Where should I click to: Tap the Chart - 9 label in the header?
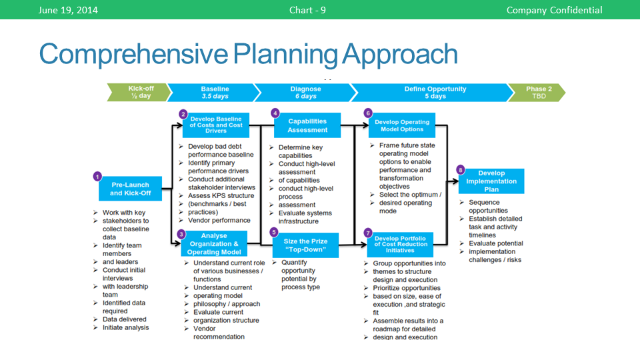(x=307, y=10)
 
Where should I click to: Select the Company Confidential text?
(x=554, y=10)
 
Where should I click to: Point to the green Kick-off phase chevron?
(x=139, y=93)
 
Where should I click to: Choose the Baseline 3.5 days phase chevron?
(x=215, y=93)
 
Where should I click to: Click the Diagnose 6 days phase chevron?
(x=305, y=93)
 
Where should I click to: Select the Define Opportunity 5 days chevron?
(x=435, y=93)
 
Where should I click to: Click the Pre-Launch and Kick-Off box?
(x=130, y=189)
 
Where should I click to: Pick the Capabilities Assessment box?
(x=307, y=125)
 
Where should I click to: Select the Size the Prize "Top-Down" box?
(x=305, y=245)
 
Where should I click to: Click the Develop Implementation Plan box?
(x=491, y=181)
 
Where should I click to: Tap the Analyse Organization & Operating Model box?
(x=213, y=244)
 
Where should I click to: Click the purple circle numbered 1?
(x=97, y=177)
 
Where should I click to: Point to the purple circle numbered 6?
(x=367, y=113)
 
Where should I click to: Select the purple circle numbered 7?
(x=368, y=233)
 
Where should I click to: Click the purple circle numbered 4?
(x=275, y=113)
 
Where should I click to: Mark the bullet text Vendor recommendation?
(x=219, y=333)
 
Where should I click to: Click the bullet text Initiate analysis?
(x=125, y=327)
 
